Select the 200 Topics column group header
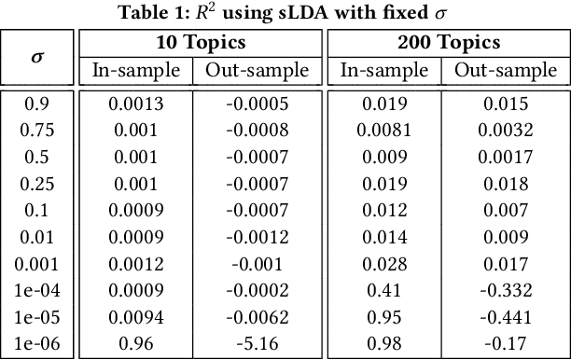447,43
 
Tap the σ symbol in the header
37,56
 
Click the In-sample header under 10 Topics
136,71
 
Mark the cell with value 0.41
385,289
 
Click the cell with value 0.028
385,263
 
